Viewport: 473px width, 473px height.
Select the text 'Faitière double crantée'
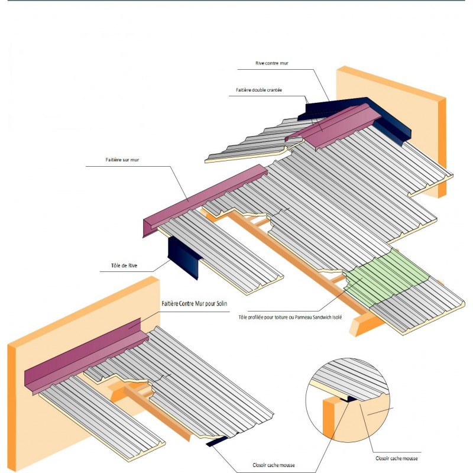pyautogui.click(x=258, y=90)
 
